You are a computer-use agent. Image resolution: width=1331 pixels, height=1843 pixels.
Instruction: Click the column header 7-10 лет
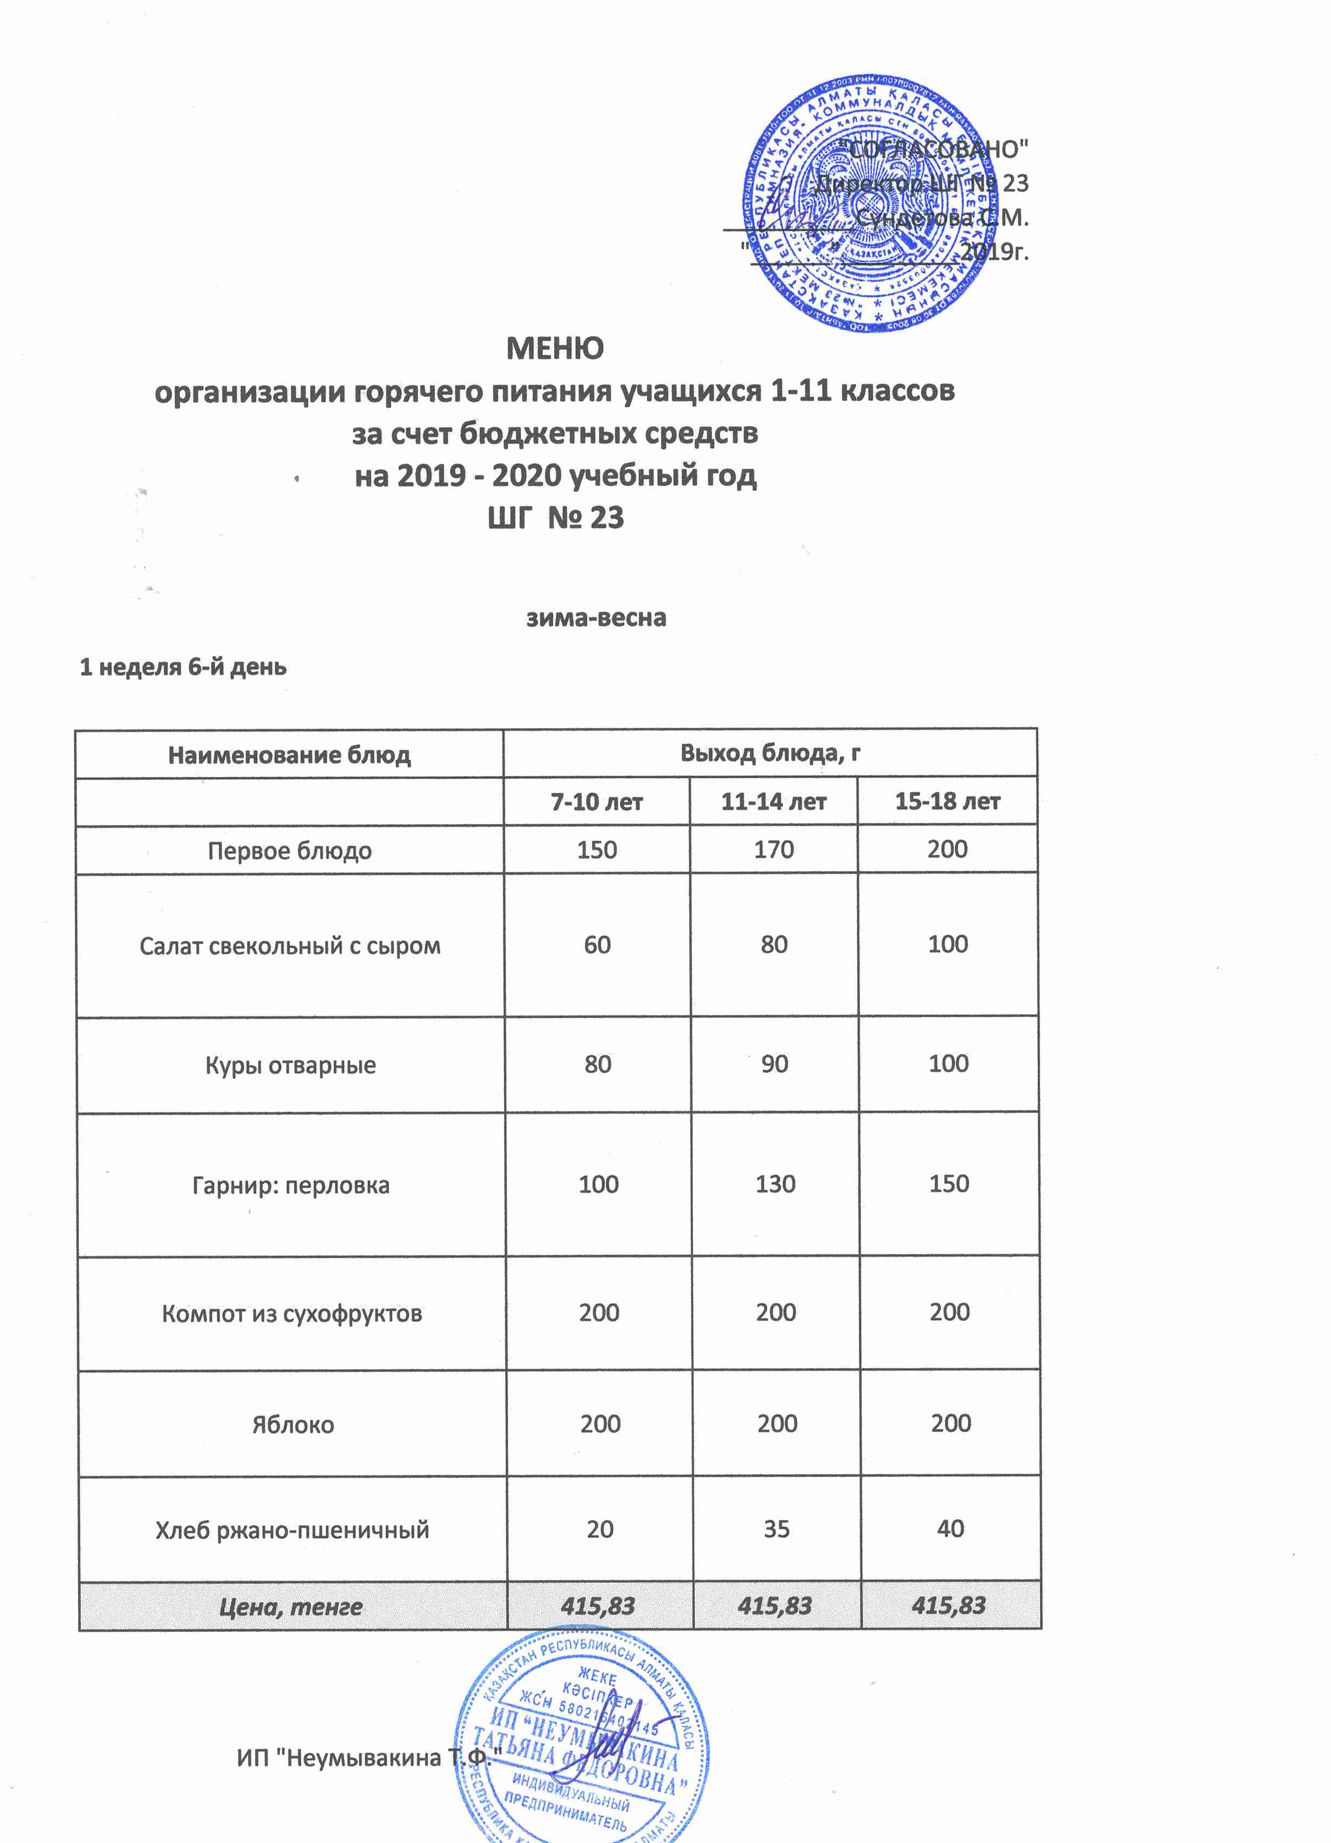[597, 803]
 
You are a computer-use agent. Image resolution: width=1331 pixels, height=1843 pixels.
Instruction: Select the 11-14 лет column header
[773, 803]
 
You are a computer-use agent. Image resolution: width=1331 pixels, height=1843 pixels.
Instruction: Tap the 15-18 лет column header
[947, 802]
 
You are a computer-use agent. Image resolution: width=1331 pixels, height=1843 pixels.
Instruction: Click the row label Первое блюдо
[289, 851]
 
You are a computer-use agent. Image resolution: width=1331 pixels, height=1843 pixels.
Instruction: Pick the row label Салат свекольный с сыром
[290, 946]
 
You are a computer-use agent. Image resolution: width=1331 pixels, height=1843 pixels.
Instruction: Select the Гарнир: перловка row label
[291, 1186]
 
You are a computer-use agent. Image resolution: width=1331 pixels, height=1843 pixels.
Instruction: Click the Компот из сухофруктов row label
[292, 1314]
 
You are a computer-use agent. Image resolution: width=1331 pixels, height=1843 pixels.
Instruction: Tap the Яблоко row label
[293, 1425]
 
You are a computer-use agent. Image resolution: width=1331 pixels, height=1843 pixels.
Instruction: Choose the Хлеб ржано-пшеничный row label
[293, 1531]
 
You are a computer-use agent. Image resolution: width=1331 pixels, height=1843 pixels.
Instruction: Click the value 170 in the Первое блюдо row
[773, 850]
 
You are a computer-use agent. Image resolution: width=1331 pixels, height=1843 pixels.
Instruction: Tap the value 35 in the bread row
[777, 1529]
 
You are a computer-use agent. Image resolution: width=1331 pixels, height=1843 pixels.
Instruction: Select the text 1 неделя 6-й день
[183, 667]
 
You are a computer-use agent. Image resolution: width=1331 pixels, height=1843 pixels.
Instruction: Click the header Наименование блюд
[289, 756]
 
